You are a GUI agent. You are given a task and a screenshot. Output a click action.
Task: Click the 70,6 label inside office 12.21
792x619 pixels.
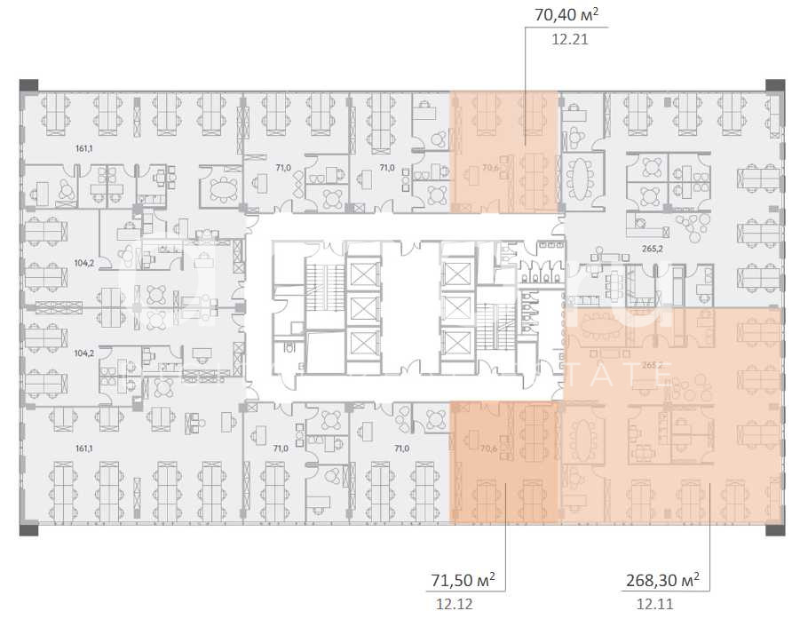488,166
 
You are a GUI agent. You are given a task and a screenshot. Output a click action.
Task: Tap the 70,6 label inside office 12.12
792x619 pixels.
488,448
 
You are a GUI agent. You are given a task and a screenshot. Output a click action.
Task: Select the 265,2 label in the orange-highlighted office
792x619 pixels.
653,364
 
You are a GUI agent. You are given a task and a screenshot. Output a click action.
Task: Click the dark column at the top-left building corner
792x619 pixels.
28,85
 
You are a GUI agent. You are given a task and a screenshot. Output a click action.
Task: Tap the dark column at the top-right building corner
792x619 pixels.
771,85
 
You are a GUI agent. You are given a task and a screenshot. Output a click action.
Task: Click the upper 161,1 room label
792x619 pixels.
84,149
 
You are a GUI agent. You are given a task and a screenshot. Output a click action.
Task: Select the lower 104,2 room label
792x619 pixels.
84,353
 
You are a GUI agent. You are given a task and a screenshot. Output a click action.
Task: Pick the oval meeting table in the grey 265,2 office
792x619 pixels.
583,180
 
